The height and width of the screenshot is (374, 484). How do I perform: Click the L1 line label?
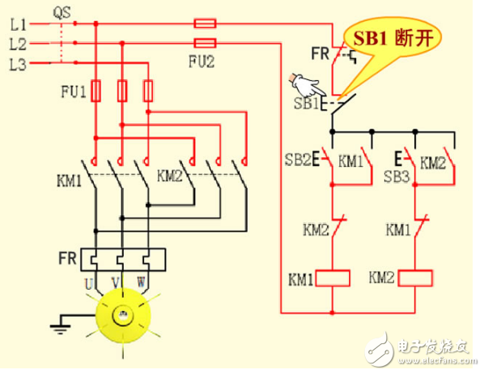[18, 23]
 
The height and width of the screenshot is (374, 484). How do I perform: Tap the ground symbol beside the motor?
[57, 325]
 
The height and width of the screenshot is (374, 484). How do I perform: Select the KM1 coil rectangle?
[332, 278]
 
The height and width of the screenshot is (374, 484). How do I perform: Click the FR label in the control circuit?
[319, 54]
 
